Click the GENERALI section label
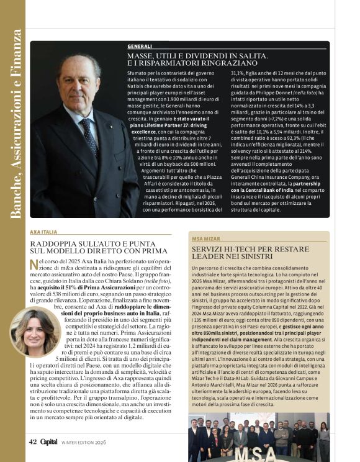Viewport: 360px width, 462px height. [140, 47]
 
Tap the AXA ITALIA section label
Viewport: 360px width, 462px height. [45, 232]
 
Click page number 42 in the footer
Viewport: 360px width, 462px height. [33, 442]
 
